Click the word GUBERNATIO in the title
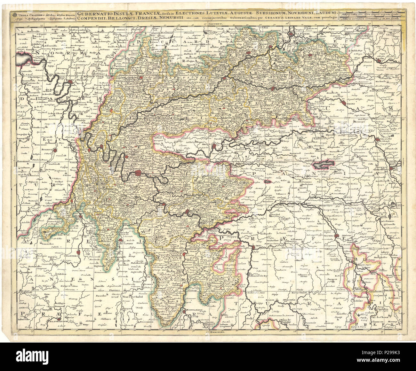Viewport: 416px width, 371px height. (94, 14)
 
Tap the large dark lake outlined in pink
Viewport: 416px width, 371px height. (324, 165)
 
